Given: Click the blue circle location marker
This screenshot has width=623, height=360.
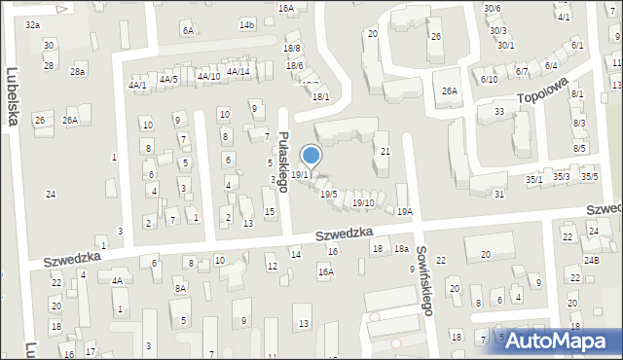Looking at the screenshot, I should pyautogui.click(x=311, y=155).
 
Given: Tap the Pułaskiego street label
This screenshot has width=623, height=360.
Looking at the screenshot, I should pyautogui.click(x=283, y=162).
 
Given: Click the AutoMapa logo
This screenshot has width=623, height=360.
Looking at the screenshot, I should pyautogui.click(x=562, y=342).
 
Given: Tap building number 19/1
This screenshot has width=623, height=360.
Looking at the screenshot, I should pyautogui.click(x=300, y=175).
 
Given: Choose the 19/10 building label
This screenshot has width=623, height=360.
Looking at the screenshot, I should pyautogui.click(x=363, y=202).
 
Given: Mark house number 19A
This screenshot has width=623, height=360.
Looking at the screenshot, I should pyautogui.click(x=405, y=211).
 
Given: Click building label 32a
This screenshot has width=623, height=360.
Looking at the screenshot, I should pyautogui.click(x=33, y=23).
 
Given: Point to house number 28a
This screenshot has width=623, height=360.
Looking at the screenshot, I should pyautogui.click(x=78, y=72).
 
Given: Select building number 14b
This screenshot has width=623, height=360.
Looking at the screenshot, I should pyautogui.click(x=246, y=24).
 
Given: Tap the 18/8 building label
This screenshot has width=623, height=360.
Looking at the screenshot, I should pyautogui.click(x=292, y=49).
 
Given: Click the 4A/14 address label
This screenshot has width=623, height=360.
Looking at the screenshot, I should pyautogui.click(x=238, y=71).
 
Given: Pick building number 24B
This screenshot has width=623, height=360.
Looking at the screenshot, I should pyautogui.click(x=591, y=261).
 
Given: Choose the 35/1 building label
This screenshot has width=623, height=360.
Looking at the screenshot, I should pyautogui.click(x=534, y=179).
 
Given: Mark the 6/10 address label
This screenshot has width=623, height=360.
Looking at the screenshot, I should pyautogui.click(x=489, y=79).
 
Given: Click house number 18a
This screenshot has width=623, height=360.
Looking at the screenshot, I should pyautogui.click(x=400, y=249).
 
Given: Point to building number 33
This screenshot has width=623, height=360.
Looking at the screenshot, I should pyautogui.click(x=499, y=112).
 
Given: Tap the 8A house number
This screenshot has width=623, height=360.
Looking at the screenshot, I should pyautogui.click(x=180, y=288).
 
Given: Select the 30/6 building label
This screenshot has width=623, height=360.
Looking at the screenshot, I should pyautogui.click(x=493, y=8).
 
